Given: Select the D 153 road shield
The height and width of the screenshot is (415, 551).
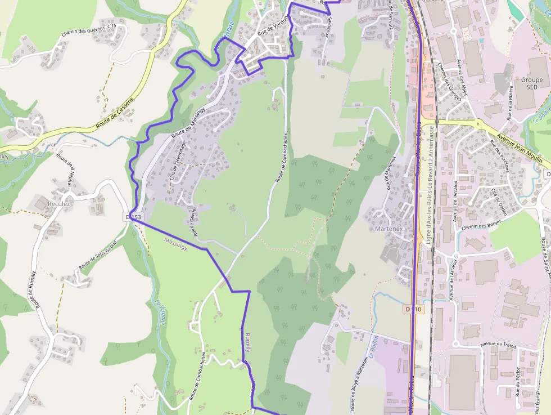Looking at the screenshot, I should point(134,217).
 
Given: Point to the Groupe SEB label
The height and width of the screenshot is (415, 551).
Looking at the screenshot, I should point(532,83).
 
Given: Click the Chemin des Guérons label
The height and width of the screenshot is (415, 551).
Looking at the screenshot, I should point(89,30).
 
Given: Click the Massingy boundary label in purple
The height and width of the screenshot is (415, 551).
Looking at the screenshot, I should point(175,240).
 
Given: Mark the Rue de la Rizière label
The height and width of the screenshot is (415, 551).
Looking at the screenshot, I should point(510,103).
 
